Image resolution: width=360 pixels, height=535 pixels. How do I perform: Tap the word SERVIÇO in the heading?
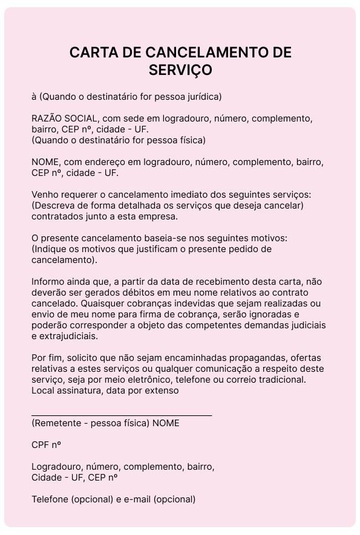[x=180, y=70]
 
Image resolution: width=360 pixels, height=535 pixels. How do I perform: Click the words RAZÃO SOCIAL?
[x=62, y=118]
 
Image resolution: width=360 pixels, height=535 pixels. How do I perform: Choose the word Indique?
[x=50, y=250]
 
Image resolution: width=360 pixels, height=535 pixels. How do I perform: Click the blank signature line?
[x=122, y=415]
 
